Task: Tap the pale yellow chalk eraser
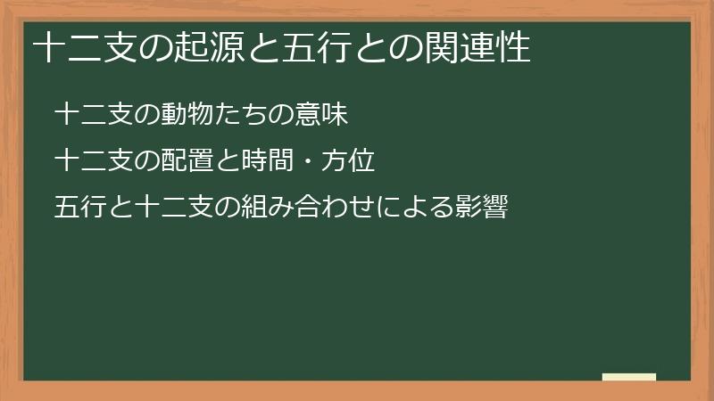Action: [x=629, y=377]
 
